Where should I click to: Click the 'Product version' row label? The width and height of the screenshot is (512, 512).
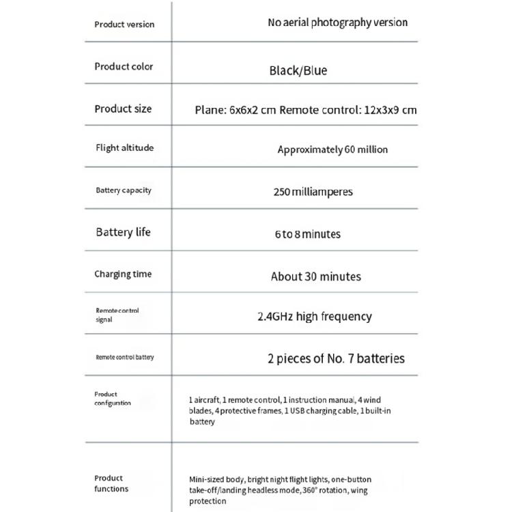[x=124, y=25]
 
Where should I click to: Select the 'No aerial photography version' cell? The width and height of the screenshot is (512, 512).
[x=337, y=23]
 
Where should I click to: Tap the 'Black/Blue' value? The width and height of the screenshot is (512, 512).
[x=298, y=70]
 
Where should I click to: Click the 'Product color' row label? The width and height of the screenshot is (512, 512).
[x=124, y=67]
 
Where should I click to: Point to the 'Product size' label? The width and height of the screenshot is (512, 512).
[x=123, y=109]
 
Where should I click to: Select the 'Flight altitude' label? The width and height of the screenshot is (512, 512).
[x=124, y=148]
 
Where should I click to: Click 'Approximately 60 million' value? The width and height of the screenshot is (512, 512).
[x=332, y=150]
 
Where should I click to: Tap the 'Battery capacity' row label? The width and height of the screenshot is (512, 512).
[x=124, y=190]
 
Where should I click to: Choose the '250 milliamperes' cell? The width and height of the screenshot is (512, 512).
[x=313, y=192]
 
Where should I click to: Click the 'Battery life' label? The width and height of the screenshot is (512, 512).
[x=123, y=232]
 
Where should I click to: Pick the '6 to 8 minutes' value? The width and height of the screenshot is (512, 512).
[x=307, y=234]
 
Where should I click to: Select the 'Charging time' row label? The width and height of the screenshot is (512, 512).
[x=123, y=274]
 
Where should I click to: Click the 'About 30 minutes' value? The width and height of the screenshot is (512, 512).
[x=315, y=276]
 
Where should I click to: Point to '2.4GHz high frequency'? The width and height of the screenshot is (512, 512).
[x=314, y=317]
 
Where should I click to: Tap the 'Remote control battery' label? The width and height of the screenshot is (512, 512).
[x=125, y=358]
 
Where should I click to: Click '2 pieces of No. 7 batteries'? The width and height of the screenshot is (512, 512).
[x=336, y=358]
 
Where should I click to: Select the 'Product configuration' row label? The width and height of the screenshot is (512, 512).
[x=113, y=399]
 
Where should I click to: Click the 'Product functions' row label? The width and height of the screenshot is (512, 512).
[x=111, y=483]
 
